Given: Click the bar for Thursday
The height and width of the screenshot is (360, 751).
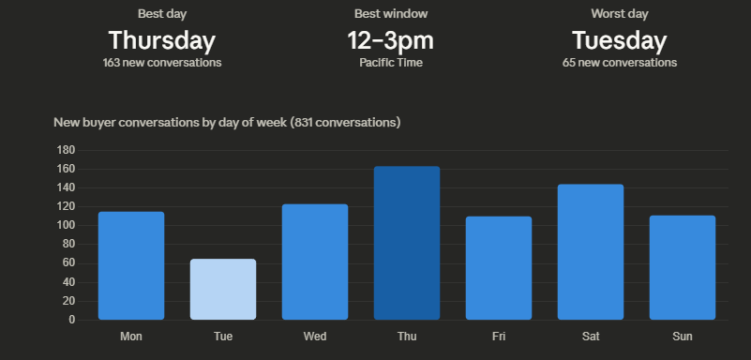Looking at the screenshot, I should click(406, 243).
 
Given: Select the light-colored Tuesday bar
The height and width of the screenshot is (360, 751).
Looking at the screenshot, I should click(222, 289).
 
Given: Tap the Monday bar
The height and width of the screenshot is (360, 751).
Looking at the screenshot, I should click(131, 265).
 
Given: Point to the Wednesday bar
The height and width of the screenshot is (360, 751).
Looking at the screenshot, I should click(314, 262).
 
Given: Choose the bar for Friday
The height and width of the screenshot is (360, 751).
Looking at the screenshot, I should click(498, 268).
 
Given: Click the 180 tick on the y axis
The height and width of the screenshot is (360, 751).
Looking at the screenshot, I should click(66, 150).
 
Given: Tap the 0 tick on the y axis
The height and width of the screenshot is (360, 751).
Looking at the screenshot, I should click(71, 320).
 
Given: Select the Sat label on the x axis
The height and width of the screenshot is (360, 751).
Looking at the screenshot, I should click(590, 337).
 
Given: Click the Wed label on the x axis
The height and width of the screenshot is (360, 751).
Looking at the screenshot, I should click(314, 337).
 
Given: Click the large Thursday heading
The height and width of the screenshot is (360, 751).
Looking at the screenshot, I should click(162, 40).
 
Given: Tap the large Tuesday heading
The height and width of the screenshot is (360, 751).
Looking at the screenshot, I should click(620, 40).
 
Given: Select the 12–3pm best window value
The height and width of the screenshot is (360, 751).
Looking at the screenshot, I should click(391, 40).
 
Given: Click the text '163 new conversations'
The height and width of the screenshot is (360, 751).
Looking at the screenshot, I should click(162, 63).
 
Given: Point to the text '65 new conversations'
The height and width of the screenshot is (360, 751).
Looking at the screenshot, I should click(620, 63).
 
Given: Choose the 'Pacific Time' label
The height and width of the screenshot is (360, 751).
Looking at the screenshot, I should click(391, 63).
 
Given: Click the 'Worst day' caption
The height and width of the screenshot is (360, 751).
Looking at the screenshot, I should click(620, 13).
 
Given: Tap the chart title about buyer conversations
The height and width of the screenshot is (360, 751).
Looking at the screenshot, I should click(227, 123).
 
